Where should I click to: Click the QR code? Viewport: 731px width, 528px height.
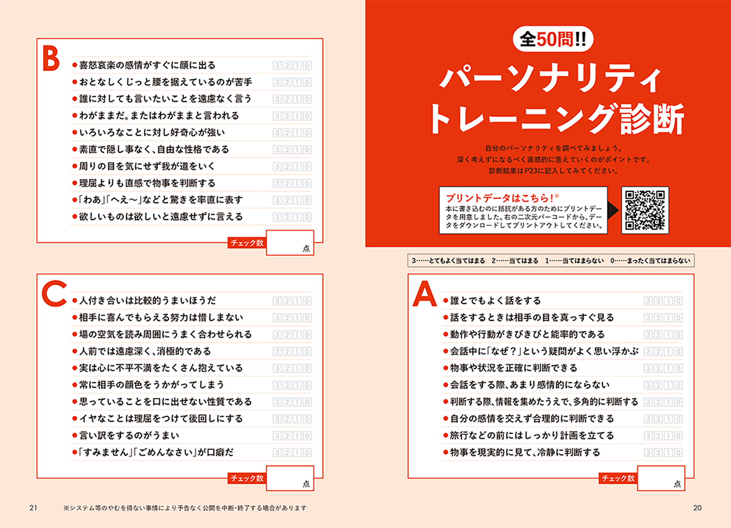(x=645, y=210)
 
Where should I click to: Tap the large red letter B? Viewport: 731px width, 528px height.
(x=51, y=58)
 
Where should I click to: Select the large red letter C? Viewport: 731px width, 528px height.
(x=54, y=293)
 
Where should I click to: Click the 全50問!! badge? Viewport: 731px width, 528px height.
(x=553, y=39)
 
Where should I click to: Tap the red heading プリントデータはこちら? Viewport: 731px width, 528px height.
(x=500, y=198)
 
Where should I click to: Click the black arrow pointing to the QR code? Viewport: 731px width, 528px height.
(x=613, y=210)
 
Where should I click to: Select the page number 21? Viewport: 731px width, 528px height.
(x=34, y=508)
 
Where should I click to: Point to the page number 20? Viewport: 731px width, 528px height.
(x=697, y=508)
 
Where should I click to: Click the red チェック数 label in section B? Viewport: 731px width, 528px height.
(x=247, y=243)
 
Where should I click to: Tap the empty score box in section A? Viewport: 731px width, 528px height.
(x=661, y=478)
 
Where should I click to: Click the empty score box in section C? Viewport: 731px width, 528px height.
(x=290, y=478)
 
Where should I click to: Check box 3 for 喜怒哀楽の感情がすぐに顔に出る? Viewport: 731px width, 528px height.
(x=277, y=65)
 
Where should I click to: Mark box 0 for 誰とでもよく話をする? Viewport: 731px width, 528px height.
(x=678, y=301)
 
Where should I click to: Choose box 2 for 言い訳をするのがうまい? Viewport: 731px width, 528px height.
(x=287, y=436)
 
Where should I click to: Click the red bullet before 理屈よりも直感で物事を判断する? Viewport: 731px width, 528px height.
(x=75, y=183)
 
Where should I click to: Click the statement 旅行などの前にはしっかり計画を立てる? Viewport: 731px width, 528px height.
(x=532, y=435)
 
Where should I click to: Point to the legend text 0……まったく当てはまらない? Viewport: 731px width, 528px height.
(x=650, y=261)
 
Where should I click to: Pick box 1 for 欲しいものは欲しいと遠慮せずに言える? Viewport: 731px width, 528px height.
(x=297, y=217)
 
